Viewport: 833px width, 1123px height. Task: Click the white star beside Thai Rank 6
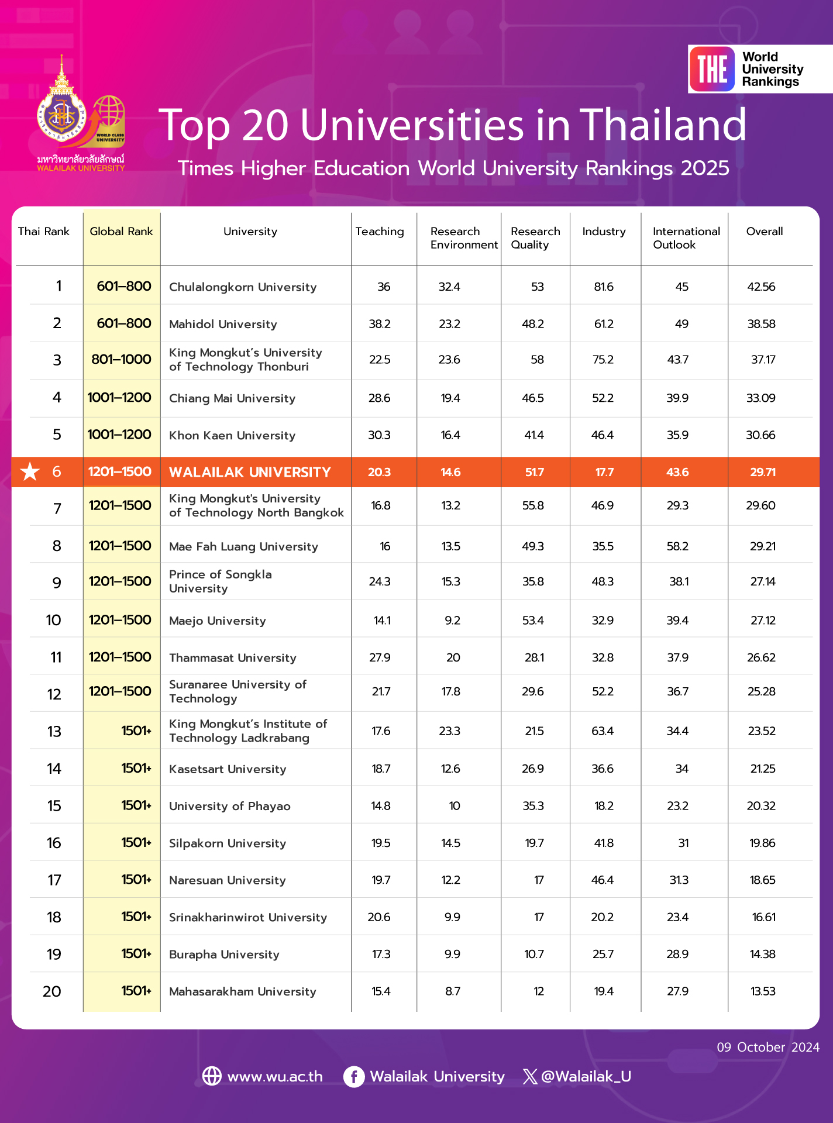[x=30, y=471]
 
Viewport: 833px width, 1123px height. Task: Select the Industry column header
[x=604, y=232]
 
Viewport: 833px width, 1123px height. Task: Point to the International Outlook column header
[x=686, y=238]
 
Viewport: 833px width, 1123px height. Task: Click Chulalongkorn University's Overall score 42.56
[x=761, y=287]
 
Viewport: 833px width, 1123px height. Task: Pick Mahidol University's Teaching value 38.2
[x=380, y=324]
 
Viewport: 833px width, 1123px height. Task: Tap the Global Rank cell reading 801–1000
[x=121, y=360]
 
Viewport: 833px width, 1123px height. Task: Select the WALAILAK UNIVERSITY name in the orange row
[x=250, y=472]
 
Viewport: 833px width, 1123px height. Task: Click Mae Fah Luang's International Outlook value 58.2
[x=677, y=546]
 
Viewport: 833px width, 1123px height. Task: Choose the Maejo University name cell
[x=218, y=621]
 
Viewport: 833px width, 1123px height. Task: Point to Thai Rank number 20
[x=52, y=991]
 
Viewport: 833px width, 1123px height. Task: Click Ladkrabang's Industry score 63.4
[x=603, y=731]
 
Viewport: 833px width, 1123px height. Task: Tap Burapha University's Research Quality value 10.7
[x=534, y=955]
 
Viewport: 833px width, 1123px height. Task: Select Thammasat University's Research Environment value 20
[x=453, y=657]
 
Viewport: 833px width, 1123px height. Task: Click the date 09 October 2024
[x=768, y=1047]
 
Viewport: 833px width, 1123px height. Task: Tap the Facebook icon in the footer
[x=354, y=1076]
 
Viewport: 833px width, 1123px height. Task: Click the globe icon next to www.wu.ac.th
[x=212, y=1076]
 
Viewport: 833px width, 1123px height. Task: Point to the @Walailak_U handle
[x=586, y=1076]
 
